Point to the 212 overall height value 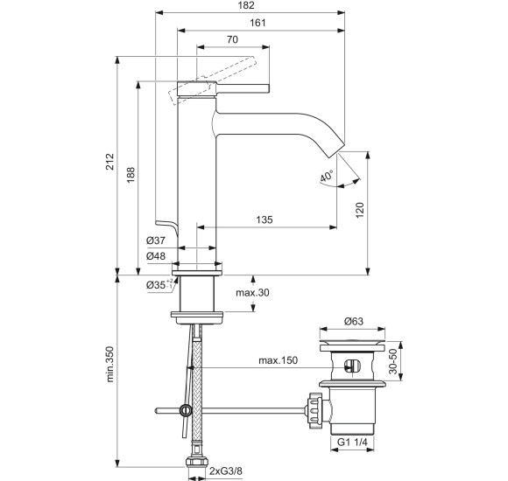tap(109, 163)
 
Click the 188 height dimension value tap(131, 172)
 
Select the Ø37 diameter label tap(157, 240)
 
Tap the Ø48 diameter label tap(157, 255)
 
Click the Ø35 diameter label tap(157, 284)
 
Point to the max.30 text tap(252, 292)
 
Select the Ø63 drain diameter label tap(355, 321)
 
